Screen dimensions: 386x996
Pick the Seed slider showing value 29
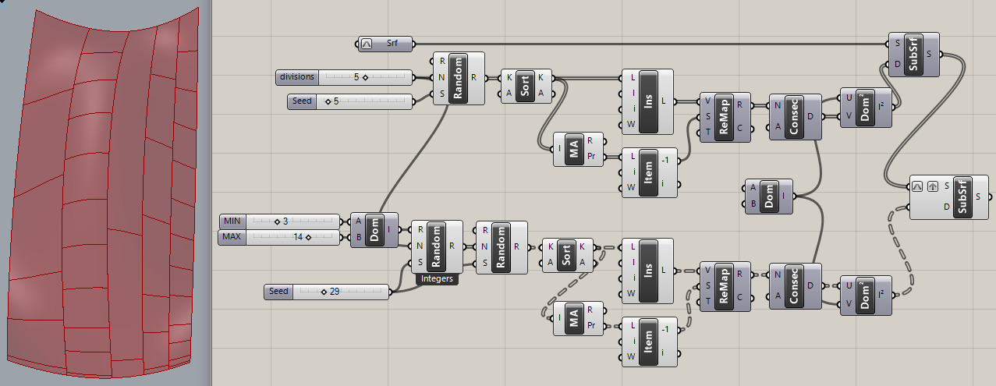point(328,292)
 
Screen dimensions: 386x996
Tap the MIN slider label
point(232,221)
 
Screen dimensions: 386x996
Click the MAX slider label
point(232,236)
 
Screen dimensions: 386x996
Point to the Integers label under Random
point(436,278)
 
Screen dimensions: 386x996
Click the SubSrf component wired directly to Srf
point(914,55)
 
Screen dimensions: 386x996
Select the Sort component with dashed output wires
point(566,255)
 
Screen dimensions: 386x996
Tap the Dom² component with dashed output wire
point(863,294)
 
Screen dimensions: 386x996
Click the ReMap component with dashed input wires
point(725,285)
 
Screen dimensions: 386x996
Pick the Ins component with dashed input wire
point(647,270)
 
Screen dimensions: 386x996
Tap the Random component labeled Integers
point(436,246)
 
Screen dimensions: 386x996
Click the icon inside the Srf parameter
point(368,44)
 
